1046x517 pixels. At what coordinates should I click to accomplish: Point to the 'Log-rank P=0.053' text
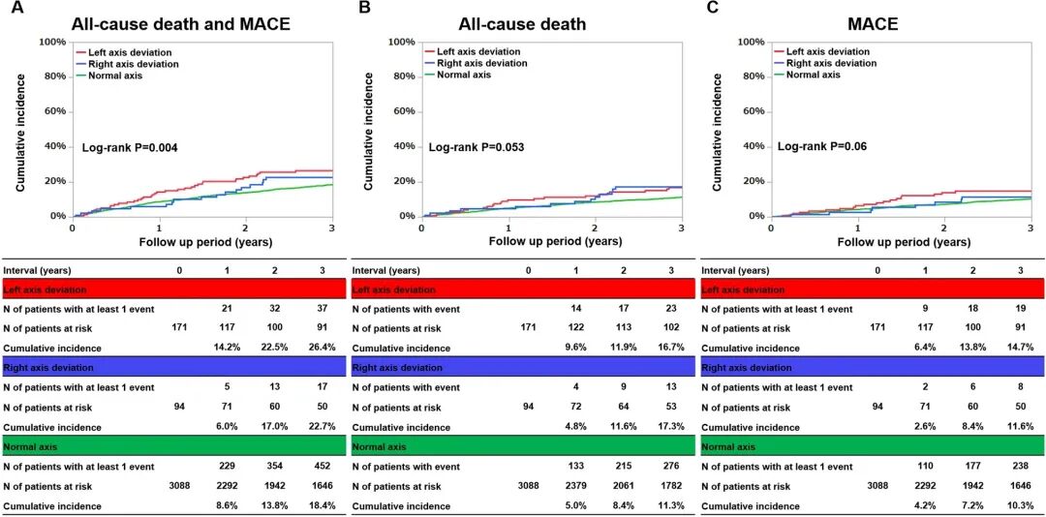point(477,147)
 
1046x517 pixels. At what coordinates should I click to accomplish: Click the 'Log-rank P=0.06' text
point(821,147)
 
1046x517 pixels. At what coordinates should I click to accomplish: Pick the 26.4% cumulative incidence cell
point(315,347)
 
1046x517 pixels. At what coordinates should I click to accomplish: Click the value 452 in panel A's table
point(315,467)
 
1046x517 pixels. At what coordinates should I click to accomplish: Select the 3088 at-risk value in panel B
point(528,486)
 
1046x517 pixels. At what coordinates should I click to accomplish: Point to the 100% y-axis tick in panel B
point(400,42)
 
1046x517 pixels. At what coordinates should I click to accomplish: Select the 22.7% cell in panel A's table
point(315,426)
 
